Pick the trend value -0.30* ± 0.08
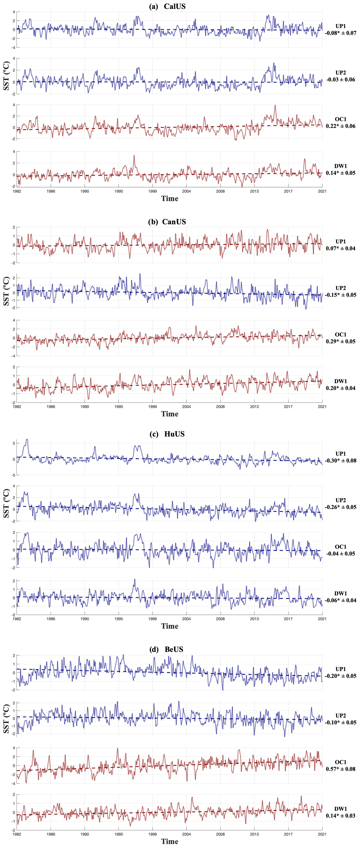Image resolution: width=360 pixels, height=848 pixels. tap(341, 461)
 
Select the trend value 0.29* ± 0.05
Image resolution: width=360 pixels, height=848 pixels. tap(341, 341)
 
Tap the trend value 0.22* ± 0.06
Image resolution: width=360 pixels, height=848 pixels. tap(341, 126)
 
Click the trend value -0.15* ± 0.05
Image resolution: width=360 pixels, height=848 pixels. tap(341, 295)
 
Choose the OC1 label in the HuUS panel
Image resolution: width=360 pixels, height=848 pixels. tap(341, 547)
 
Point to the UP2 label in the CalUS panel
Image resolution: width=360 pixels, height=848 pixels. tap(341, 73)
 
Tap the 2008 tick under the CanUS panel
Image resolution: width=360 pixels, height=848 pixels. tap(220, 407)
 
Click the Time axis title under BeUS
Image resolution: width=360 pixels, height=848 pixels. tap(170, 841)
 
